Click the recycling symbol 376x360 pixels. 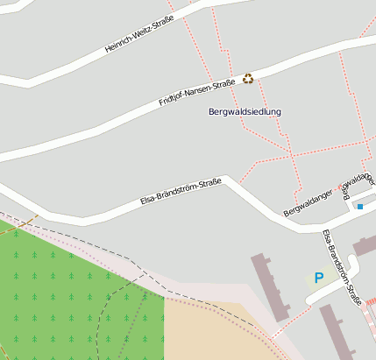(248, 79)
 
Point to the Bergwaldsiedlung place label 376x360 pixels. (245, 112)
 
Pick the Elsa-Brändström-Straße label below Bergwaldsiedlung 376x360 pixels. (181, 192)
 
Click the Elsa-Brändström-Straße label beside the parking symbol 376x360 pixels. (342, 266)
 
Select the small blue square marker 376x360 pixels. (359, 207)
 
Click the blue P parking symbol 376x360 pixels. (319, 278)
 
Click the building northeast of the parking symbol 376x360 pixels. (364, 245)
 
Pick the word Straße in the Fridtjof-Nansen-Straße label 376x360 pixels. (224, 83)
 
